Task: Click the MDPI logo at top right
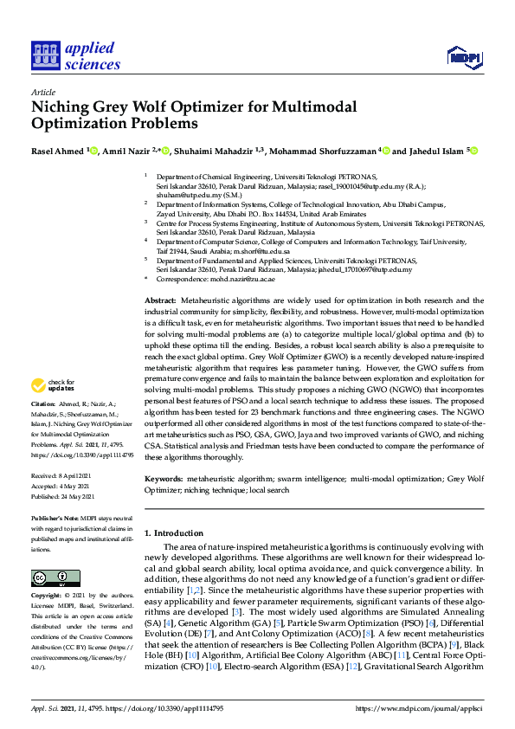pos(463,57)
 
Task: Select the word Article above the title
pos(42,92)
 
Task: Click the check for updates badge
pos(53,385)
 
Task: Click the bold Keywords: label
pos(164,478)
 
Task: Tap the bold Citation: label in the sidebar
pos(43,404)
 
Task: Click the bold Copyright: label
pos(47,596)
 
